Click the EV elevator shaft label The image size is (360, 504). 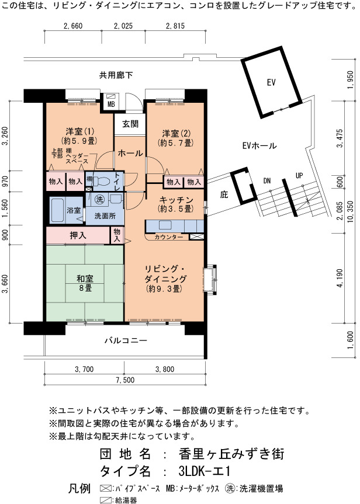[271, 82]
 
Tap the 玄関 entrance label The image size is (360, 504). [130, 124]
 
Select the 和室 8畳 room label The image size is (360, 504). [85, 283]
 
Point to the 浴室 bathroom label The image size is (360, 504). [74, 210]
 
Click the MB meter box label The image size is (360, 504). [111, 104]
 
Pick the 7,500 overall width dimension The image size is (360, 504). [125, 380]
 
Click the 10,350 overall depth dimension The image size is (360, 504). [350, 211]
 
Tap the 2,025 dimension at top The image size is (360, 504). [123, 26]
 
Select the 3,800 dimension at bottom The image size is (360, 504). [165, 369]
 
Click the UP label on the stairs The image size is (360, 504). [299, 176]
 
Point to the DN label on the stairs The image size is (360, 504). [266, 181]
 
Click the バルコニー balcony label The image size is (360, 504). [126, 340]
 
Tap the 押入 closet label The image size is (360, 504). [78, 235]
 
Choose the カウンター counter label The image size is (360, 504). [168, 237]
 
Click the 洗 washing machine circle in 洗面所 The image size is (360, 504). [100, 199]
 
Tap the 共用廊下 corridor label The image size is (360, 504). [116, 75]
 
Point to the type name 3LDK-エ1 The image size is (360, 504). [205, 471]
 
